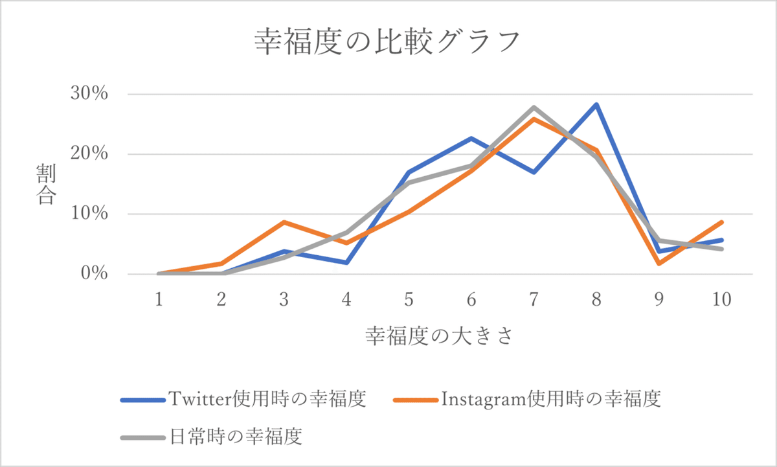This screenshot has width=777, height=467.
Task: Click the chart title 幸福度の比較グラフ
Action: [x=387, y=43]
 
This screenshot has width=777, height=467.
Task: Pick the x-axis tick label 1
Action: [x=159, y=300]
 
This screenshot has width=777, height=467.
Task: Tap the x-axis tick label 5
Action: [x=409, y=300]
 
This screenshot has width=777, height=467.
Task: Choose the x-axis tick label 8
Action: [x=596, y=300]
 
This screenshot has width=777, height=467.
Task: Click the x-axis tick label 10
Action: [x=721, y=300]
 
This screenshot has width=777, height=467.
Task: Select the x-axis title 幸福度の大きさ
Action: [x=440, y=336]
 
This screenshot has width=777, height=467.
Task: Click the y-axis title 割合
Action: [x=45, y=185]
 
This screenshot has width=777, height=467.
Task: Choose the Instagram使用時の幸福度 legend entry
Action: [x=527, y=398]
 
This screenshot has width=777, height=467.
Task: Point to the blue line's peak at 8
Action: [x=596, y=104]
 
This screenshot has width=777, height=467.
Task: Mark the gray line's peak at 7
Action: [x=534, y=108]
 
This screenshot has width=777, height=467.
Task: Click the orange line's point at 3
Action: [x=284, y=222]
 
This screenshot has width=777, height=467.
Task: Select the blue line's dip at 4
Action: [x=347, y=262]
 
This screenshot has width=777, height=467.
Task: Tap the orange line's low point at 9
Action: [x=659, y=264]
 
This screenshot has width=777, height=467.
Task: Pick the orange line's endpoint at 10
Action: [x=721, y=222]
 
